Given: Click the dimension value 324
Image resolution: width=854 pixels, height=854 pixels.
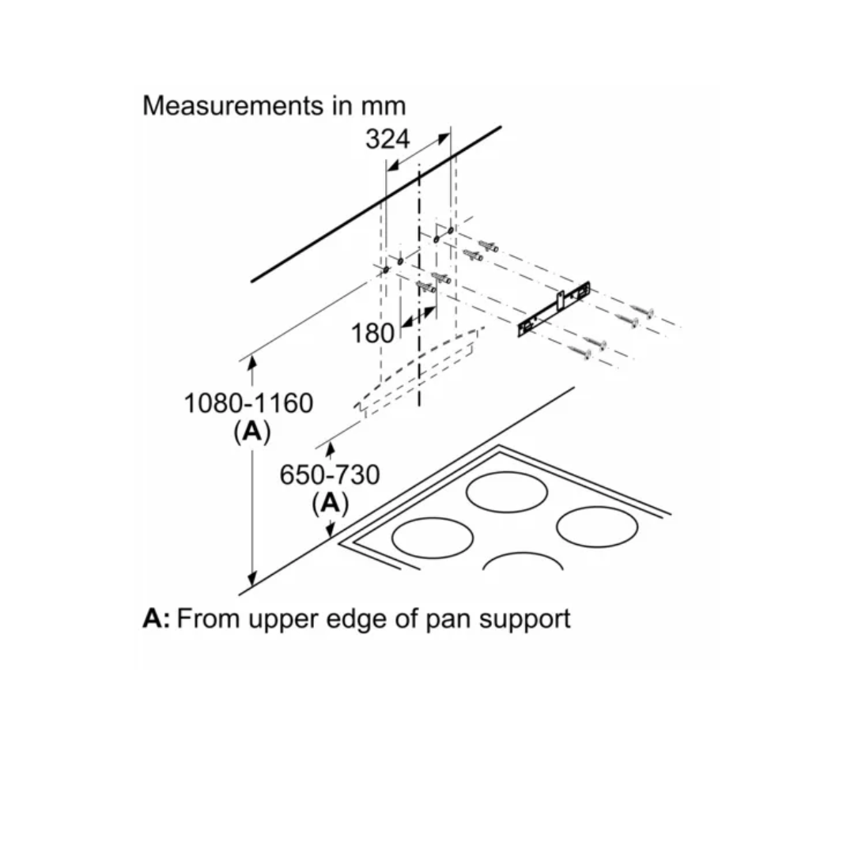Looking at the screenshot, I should coord(387,139).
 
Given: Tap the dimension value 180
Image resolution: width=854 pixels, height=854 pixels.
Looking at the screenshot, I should coord(372,333).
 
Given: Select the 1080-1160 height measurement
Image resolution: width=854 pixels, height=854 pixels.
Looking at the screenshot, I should coord(248,403).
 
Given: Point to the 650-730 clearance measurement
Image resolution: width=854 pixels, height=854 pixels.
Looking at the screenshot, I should coord(330,475).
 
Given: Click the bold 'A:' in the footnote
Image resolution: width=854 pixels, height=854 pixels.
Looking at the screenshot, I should coord(156,618).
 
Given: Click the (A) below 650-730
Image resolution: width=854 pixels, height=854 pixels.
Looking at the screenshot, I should coord(330,503).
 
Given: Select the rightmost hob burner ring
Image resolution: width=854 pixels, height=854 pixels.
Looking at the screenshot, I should coord(597,527).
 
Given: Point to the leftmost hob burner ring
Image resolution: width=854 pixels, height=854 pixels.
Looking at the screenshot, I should coord(433,538).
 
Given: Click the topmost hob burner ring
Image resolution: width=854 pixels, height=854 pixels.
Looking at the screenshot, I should coord(507,492).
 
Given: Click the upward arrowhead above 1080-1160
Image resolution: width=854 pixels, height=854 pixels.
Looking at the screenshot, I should coord(252,363).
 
